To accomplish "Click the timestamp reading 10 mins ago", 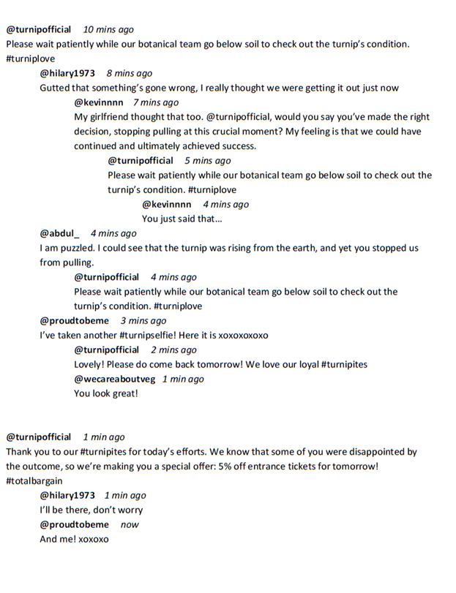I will point(108,29).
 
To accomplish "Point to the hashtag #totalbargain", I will point(34,480).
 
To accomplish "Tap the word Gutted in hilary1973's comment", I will point(56,88).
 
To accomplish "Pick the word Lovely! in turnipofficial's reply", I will point(91,364).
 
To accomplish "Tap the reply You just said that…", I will point(182,219).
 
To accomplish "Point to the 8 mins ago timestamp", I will point(129,73).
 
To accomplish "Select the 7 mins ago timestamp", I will point(155,102).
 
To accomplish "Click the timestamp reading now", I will point(130,524).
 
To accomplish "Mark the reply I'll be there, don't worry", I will point(91,510).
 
